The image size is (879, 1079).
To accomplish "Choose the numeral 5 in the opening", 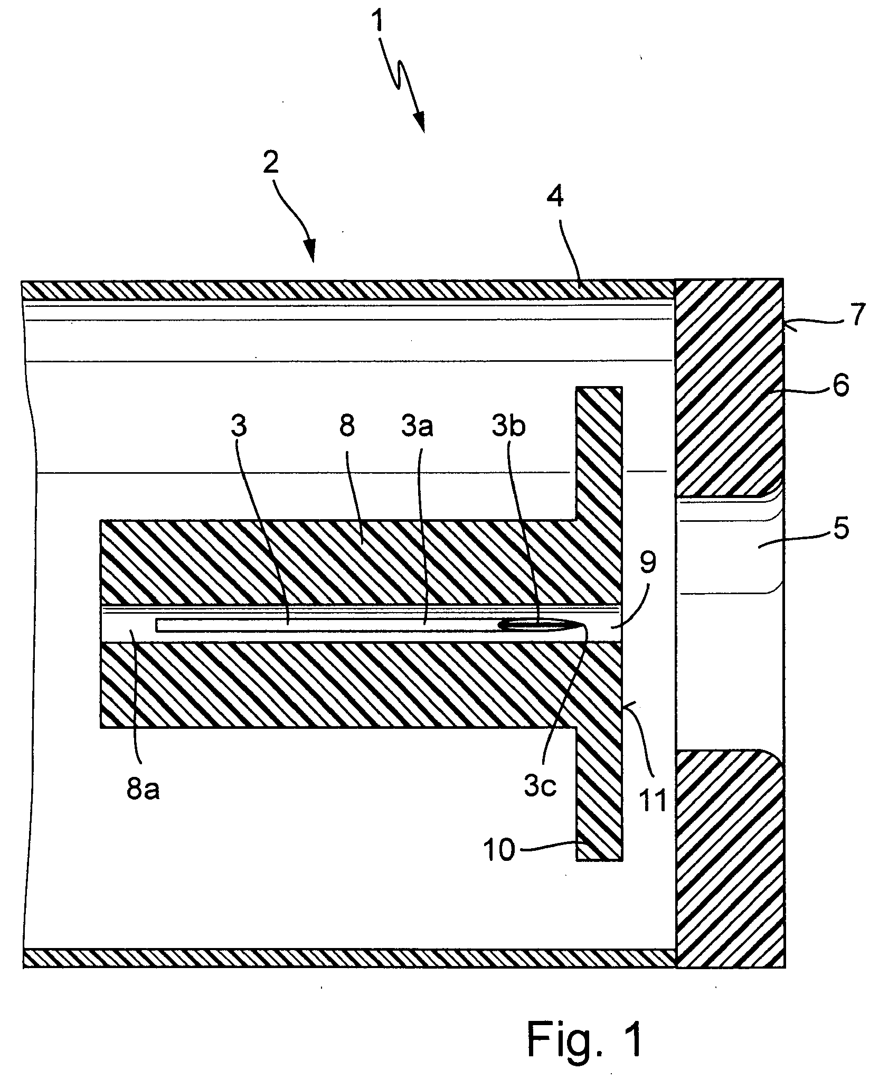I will coord(839,527).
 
